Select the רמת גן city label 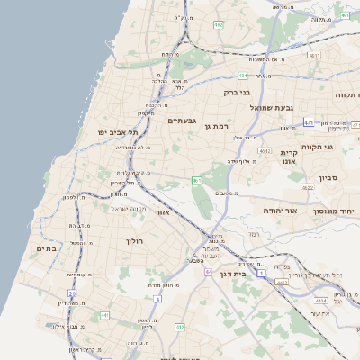point(220,127)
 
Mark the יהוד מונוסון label point(334,210)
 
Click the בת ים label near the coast point(47,247)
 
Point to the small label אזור point(163,212)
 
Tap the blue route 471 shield point(309,122)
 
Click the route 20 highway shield point(72,293)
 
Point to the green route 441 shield point(104,315)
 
